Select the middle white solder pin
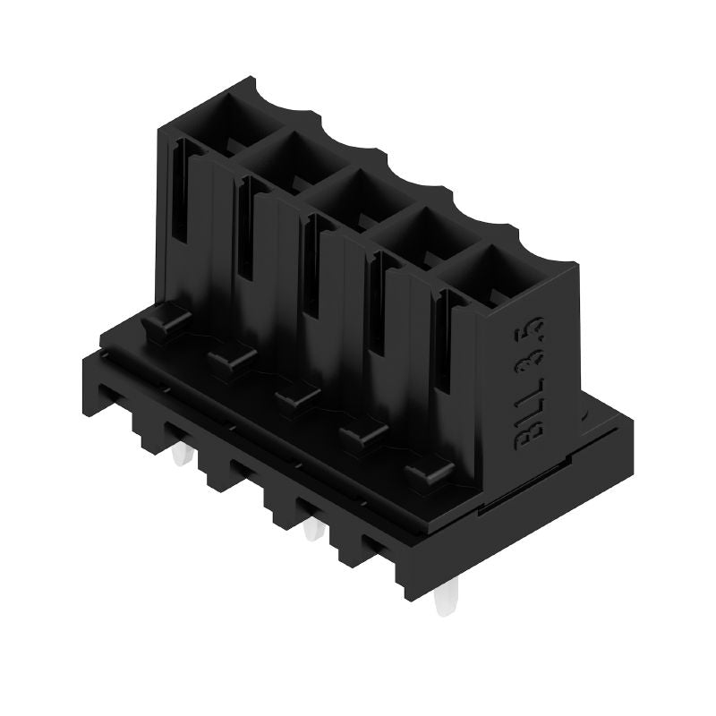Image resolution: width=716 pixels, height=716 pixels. (311, 530)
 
